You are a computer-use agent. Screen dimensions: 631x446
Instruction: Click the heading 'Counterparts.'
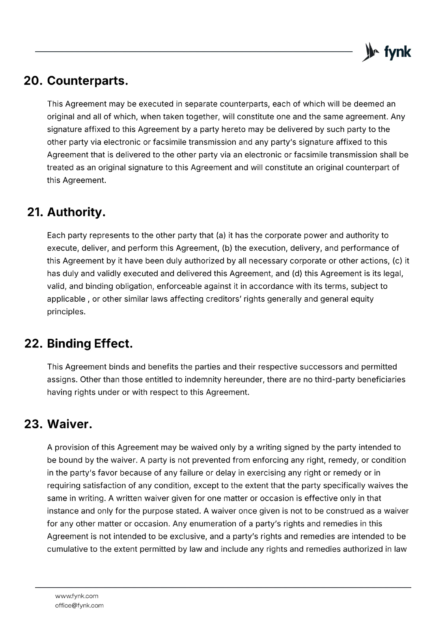click(88, 81)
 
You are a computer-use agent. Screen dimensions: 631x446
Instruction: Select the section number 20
click(33, 81)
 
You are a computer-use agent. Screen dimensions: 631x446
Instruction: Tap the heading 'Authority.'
click(76, 212)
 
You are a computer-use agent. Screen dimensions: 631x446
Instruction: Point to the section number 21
click(35, 212)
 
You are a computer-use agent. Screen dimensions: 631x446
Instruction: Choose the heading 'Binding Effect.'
click(90, 344)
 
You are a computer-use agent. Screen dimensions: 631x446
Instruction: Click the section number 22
click(34, 344)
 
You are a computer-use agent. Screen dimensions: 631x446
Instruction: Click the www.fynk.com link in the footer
click(77, 596)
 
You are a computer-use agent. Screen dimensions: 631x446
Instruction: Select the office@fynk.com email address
click(79, 605)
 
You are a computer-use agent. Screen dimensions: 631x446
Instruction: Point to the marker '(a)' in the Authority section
click(221, 235)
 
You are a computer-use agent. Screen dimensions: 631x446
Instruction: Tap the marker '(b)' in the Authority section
click(227, 248)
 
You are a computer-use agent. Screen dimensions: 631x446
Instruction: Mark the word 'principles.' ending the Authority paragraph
click(66, 312)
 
